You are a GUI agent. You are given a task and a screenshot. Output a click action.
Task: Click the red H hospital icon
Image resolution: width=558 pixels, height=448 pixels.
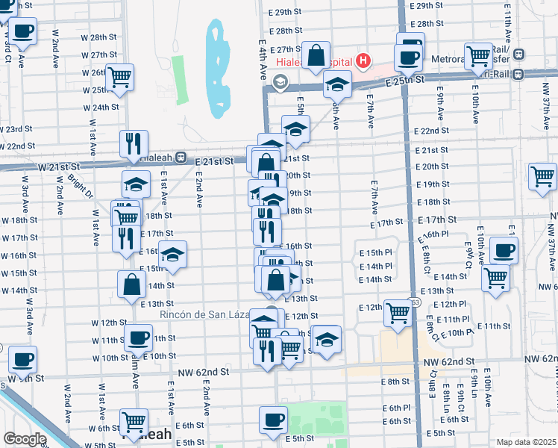(363, 60)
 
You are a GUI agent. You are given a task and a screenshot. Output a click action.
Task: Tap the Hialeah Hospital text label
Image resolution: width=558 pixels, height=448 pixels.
(315, 63)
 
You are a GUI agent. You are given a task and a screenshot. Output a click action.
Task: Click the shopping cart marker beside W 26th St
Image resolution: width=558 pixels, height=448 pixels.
(119, 77)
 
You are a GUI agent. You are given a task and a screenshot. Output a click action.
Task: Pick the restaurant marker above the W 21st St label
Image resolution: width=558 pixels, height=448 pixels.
(135, 143)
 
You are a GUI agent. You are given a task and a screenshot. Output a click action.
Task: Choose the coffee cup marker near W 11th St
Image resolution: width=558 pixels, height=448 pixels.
(138, 337)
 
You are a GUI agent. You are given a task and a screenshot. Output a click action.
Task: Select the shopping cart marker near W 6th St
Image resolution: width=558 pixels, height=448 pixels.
(134, 422)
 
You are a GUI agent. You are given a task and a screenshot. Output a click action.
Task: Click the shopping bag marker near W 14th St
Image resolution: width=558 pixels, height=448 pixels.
(131, 284)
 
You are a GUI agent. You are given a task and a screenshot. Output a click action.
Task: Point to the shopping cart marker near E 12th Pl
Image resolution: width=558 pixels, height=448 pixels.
(398, 314)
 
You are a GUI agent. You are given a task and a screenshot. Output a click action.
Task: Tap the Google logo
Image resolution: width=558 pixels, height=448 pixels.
(24, 439)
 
